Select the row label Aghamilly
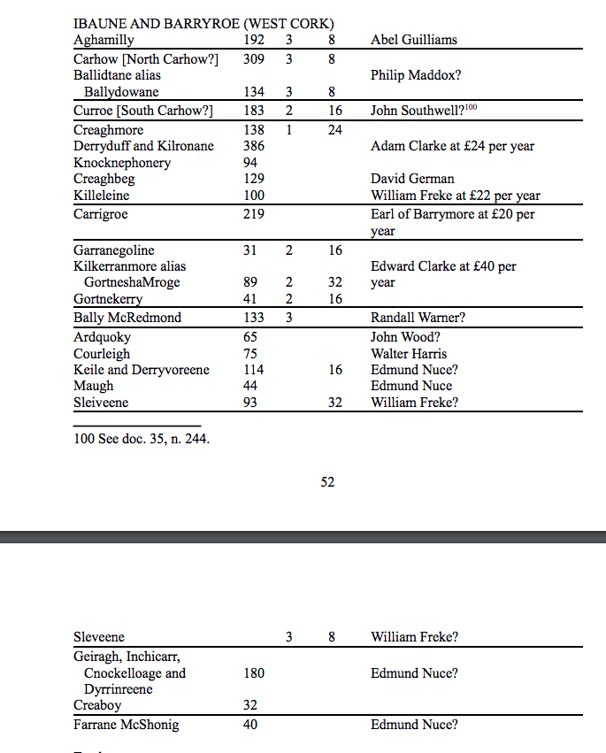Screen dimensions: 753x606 click(x=104, y=40)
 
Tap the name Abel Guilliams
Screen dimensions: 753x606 click(x=414, y=40)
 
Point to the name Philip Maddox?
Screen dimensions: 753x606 click(x=416, y=76)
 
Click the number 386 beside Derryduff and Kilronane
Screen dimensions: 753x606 click(x=253, y=146)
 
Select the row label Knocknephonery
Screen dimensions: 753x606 click(x=122, y=163)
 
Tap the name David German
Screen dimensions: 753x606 click(x=412, y=179)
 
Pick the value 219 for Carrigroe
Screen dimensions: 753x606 click(x=253, y=214)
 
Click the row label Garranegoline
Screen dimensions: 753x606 click(x=113, y=251)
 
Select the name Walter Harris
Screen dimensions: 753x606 click(x=409, y=354)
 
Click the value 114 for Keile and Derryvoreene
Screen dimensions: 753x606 click(x=253, y=370)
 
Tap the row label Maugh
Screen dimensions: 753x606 click(x=93, y=386)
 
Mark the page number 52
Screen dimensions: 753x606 click(x=327, y=482)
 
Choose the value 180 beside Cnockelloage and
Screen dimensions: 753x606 click(x=253, y=673)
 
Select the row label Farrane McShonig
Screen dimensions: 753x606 click(x=126, y=726)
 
